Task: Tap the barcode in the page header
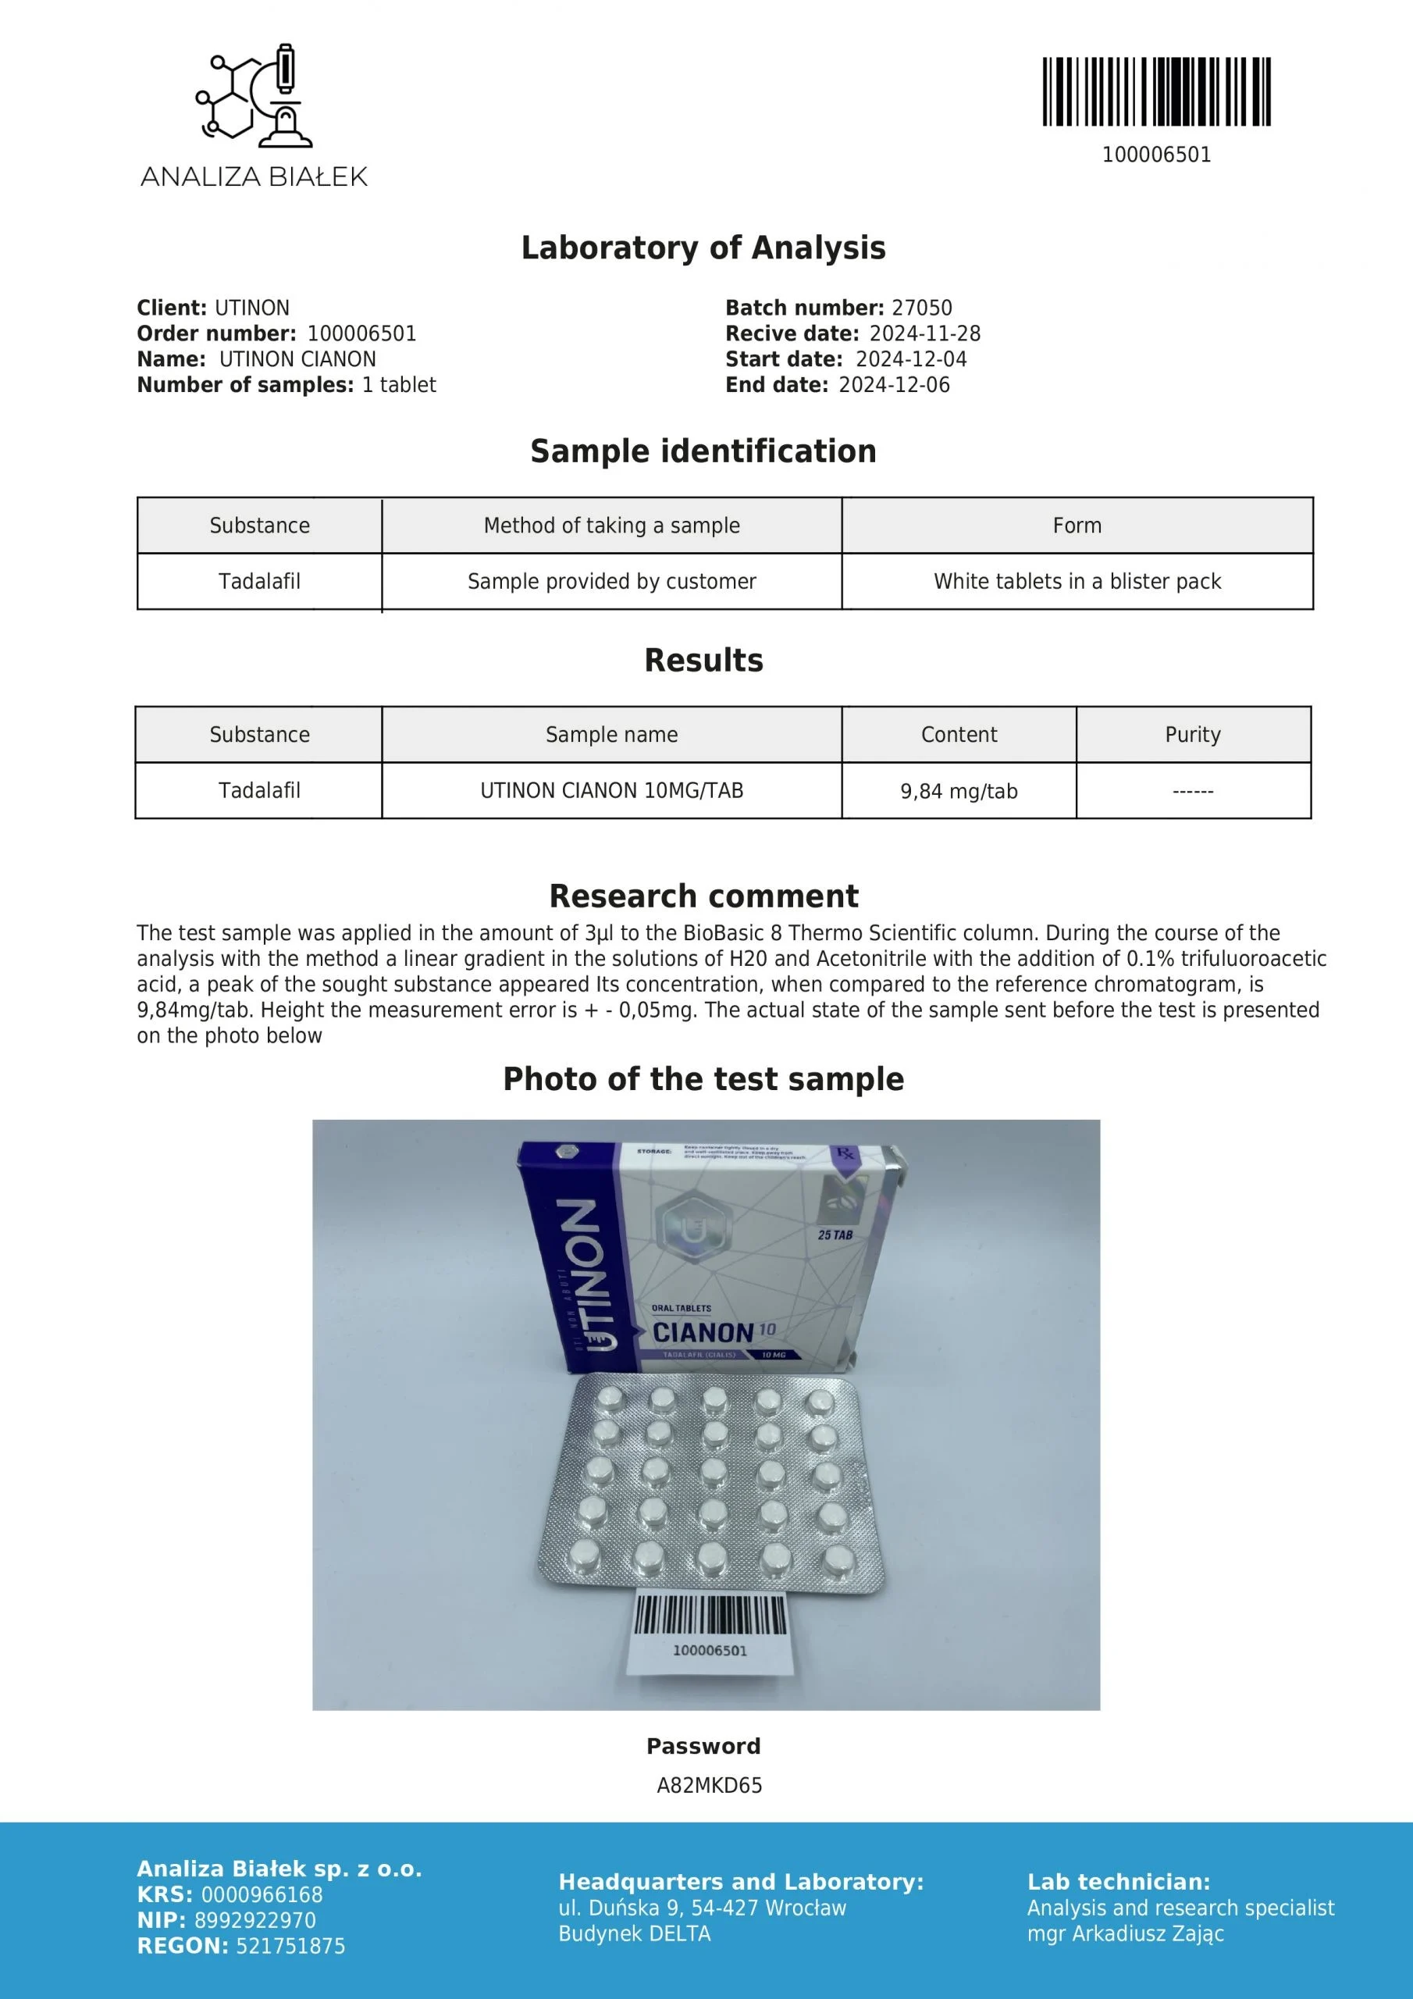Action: (x=1156, y=91)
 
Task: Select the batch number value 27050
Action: (x=921, y=308)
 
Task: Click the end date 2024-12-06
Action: (x=894, y=386)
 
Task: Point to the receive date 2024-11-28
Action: (x=924, y=334)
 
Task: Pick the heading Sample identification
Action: (x=703, y=452)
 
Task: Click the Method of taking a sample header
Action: (x=611, y=526)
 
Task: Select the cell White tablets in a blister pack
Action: (x=1077, y=582)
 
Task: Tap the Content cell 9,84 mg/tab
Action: (x=959, y=792)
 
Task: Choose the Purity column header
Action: (x=1193, y=735)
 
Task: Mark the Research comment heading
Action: (x=703, y=896)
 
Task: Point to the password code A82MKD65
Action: (x=709, y=1786)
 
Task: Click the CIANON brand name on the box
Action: (x=703, y=1333)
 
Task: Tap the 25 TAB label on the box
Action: (x=835, y=1235)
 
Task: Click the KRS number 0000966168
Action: (x=262, y=1894)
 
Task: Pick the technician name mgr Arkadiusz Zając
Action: (x=1125, y=1933)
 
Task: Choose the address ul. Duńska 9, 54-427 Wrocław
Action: (x=702, y=1908)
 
